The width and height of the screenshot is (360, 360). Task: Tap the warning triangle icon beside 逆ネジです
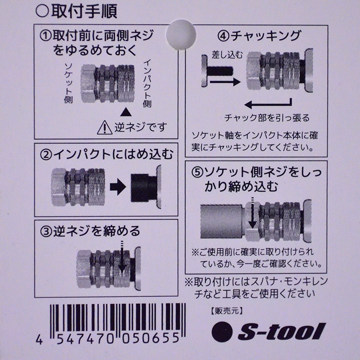104,128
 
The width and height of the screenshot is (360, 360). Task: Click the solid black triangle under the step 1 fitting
126,112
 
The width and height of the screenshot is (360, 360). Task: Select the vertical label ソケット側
68,83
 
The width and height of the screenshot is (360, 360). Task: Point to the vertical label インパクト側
147,83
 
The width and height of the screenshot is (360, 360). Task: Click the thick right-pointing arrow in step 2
118,187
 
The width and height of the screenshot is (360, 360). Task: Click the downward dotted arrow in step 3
122,256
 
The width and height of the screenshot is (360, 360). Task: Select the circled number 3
46,232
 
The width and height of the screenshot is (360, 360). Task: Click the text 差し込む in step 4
227,55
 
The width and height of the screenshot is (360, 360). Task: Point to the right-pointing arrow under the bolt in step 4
225,81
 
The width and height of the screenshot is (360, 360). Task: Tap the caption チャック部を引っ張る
267,118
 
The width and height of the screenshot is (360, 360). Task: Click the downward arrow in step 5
252,213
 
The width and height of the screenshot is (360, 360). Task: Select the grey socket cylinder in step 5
222,221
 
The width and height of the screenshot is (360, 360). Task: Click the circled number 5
197,173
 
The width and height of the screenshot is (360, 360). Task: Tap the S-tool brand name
282,332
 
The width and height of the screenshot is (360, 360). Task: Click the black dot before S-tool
222,332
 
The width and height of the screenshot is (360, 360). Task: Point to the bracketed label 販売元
227,311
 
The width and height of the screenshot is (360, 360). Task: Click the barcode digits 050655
151,338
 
